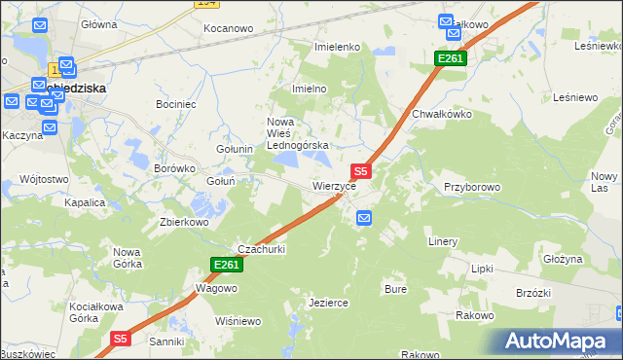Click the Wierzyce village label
(340, 185)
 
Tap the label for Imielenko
(338, 47)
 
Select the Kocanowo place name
(228, 28)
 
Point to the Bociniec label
(176, 102)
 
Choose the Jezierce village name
(328, 303)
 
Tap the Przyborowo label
(471, 186)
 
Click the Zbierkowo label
(185, 221)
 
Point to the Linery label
(443, 240)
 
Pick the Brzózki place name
(533, 293)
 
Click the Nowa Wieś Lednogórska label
(299, 133)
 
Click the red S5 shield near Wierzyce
(359, 169)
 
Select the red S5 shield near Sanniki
(119, 339)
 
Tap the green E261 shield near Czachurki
(225, 265)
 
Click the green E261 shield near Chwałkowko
(451, 59)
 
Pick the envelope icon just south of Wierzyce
(363, 218)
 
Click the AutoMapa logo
(560, 341)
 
